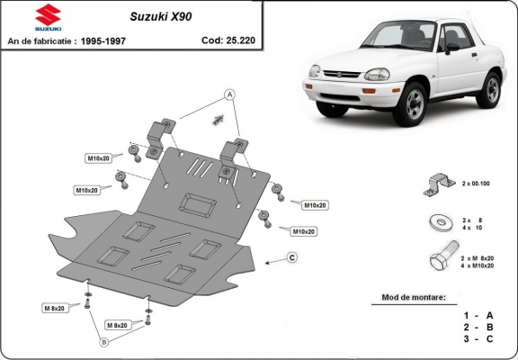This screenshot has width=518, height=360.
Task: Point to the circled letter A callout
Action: coord(229,94)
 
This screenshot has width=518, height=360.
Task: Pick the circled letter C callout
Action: coord(292,258)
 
